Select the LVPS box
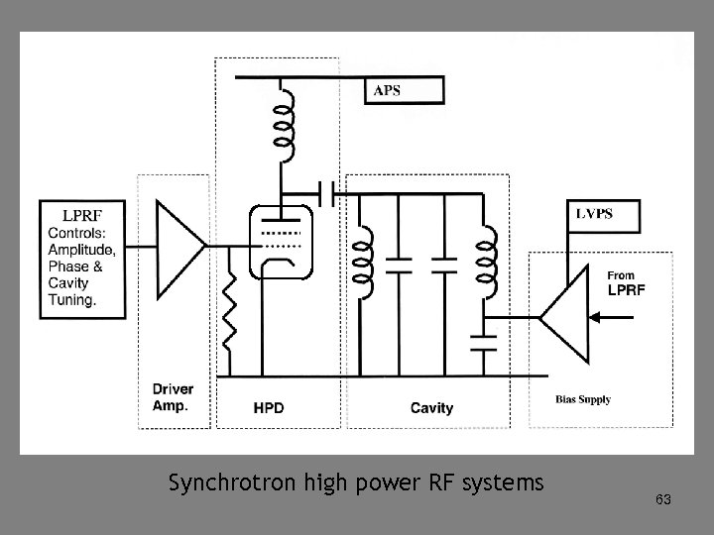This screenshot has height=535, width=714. (x=603, y=215)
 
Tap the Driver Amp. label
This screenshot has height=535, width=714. (x=173, y=397)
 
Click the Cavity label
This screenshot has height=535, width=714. (x=431, y=407)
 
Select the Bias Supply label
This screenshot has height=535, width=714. (x=583, y=400)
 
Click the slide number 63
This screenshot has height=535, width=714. (x=663, y=500)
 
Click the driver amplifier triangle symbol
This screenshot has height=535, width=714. (x=178, y=243)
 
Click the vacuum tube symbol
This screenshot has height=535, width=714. (x=281, y=243)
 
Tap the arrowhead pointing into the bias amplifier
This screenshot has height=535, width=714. (x=597, y=318)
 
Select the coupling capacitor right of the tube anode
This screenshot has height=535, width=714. (x=331, y=189)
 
